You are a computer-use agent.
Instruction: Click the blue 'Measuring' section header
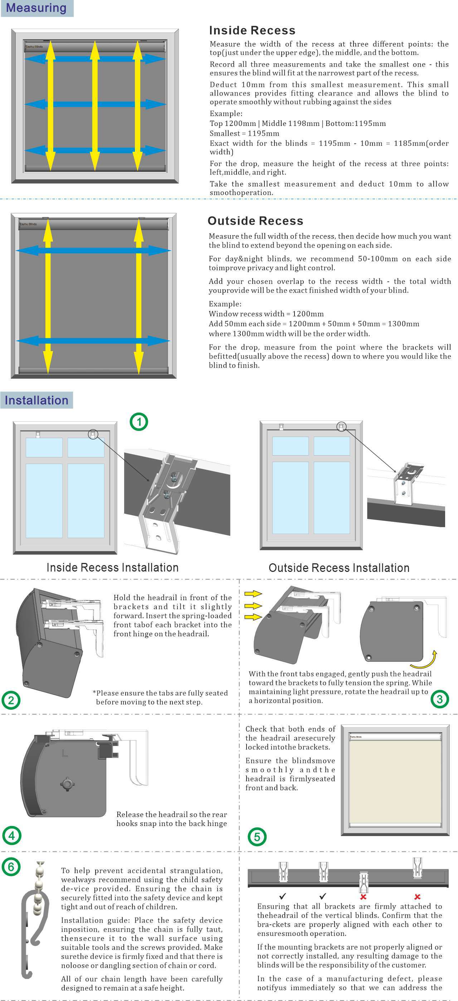pyautogui.click(x=36, y=8)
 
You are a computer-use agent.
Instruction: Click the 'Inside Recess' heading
pyautogui.click(x=252, y=30)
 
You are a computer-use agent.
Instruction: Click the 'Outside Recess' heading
pyautogui.click(x=255, y=221)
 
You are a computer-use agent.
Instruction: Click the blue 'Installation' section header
pyautogui.click(x=36, y=400)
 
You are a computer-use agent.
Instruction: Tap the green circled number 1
pyautogui.click(x=139, y=422)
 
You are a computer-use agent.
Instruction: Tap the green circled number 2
pyautogui.click(x=11, y=700)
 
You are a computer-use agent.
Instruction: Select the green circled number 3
pyautogui.click(x=440, y=699)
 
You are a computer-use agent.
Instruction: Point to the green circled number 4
pyautogui.click(x=12, y=835)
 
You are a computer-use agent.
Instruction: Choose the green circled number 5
pyautogui.click(x=257, y=837)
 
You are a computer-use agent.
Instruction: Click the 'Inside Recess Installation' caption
pyautogui.click(x=112, y=567)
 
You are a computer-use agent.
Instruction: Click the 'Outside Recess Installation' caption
pyautogui.click(x=339, y=568)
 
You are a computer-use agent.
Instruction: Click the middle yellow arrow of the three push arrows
pyautogui.click(x=253, y=606)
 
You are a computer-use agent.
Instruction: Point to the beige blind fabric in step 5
pyautogui.click(x=395, y=785)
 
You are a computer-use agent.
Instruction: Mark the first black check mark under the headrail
pyautogui.click(x=283, y=896)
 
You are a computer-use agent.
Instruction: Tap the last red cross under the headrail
pyautogui.click(x=417, y=896)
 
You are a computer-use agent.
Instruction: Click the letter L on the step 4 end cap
pyautogui.click(x=65, y=753)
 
